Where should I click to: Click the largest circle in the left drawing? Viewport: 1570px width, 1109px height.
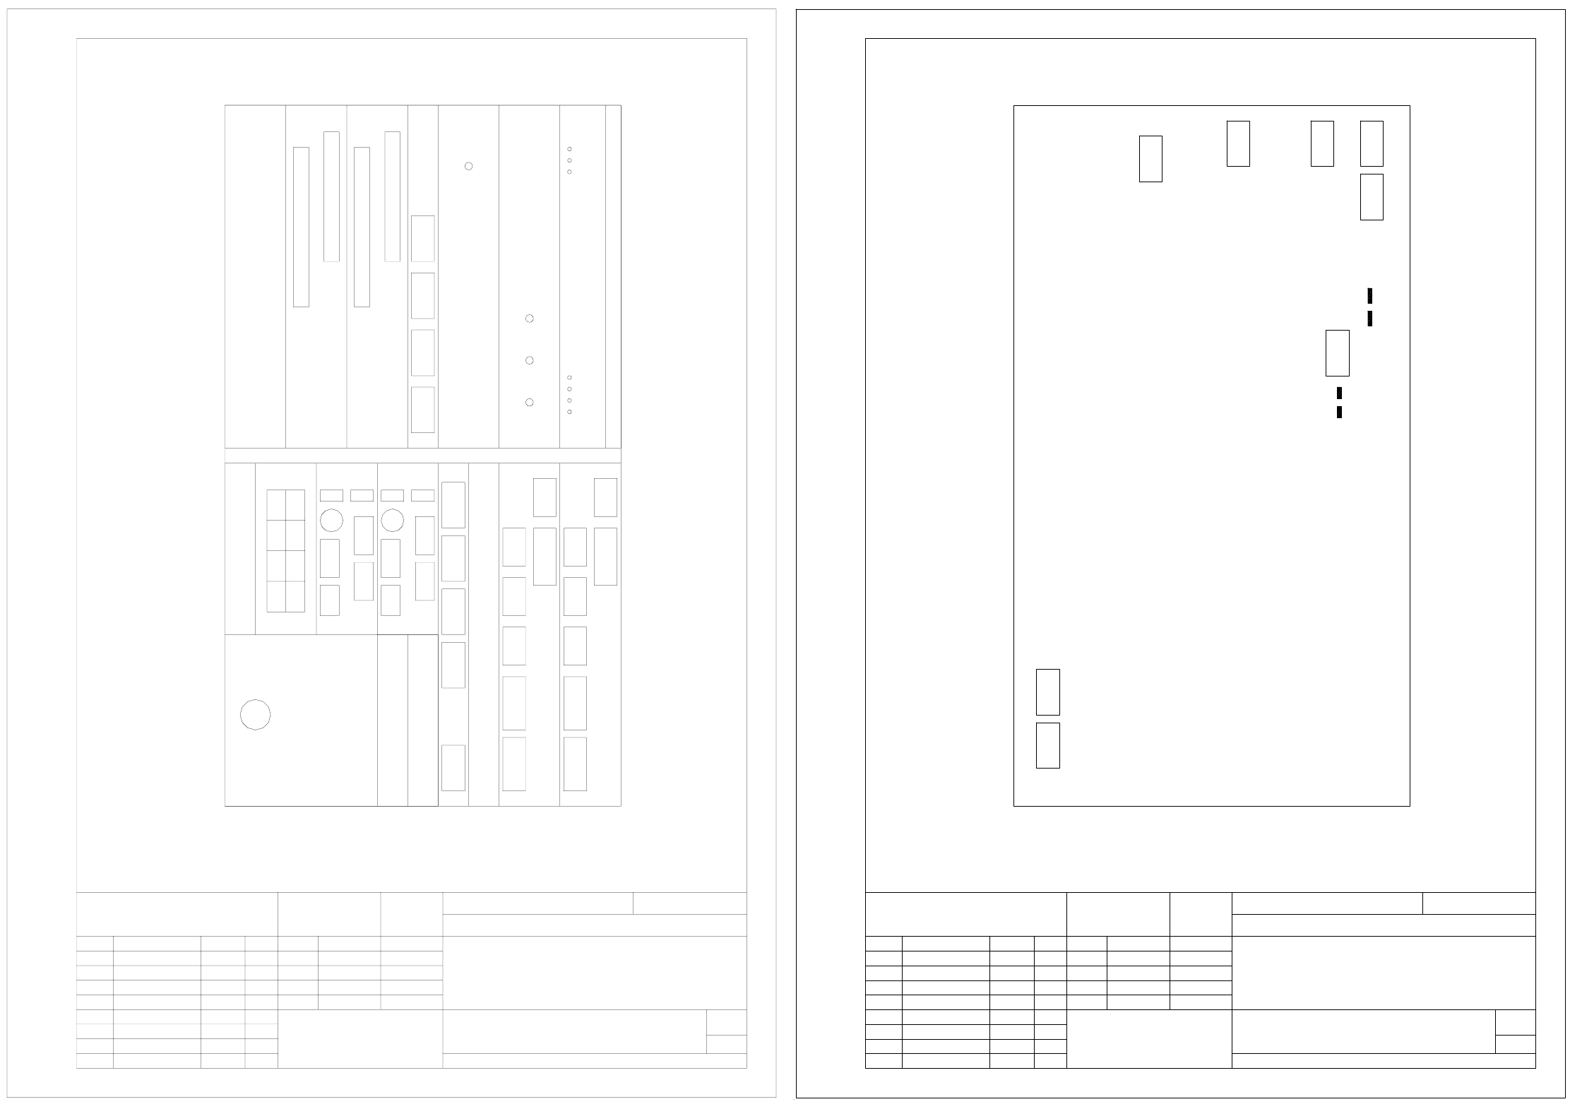(255, 715)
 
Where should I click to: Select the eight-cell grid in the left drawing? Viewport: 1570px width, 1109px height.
(285, 551)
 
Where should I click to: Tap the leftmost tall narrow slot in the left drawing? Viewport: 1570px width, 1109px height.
(301, 227)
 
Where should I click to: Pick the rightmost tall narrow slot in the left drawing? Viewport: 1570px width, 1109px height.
(392, 196)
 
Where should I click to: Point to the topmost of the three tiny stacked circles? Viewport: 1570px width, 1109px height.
(569, 149)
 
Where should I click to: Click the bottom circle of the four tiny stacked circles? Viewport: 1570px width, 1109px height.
(569, 412)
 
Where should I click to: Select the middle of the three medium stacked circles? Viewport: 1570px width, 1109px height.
(529, 360)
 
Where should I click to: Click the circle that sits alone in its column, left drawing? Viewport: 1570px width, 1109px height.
(468, 166)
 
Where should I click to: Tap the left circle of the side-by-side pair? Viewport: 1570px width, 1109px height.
(331, 521)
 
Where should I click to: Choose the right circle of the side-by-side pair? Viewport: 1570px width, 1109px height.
(392, 521)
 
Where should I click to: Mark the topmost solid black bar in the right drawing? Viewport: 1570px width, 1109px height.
(1369, 296)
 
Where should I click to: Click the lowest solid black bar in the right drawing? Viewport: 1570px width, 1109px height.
(1339, 412)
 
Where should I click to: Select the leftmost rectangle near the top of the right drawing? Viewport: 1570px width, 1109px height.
(1150, 159)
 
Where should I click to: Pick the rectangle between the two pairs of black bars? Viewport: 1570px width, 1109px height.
(1337, 353)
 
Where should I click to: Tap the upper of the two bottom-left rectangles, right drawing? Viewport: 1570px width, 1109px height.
(1047, 692)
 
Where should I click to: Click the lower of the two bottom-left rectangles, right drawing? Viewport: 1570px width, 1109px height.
(1047, 745)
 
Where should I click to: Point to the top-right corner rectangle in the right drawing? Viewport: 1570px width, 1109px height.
(1372, 143)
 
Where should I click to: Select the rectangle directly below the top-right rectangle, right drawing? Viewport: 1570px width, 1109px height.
(1372, 197)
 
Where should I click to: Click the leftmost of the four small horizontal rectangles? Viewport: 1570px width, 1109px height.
(331, 495)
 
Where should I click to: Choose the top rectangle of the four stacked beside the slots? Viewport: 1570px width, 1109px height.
(422, 239)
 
